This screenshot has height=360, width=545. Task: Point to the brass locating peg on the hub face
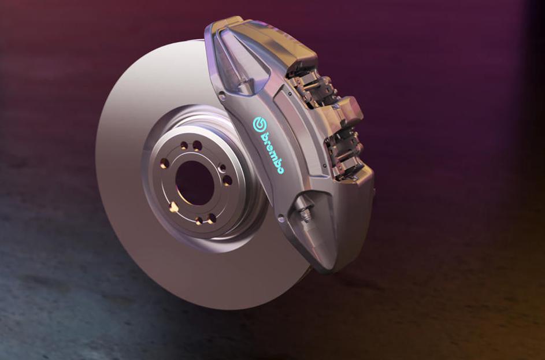(x=173, y=207)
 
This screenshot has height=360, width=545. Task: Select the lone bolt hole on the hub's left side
(x=164, y=164)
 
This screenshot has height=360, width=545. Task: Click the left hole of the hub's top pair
(x=184, y=145)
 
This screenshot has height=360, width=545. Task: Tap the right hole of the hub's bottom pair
(x=212, y=218)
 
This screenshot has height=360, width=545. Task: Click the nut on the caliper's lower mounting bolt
(x=306, y=214)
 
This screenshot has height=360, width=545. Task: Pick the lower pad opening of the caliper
(x=341, y=153)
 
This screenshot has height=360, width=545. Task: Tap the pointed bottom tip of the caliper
(x=328, y=268)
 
